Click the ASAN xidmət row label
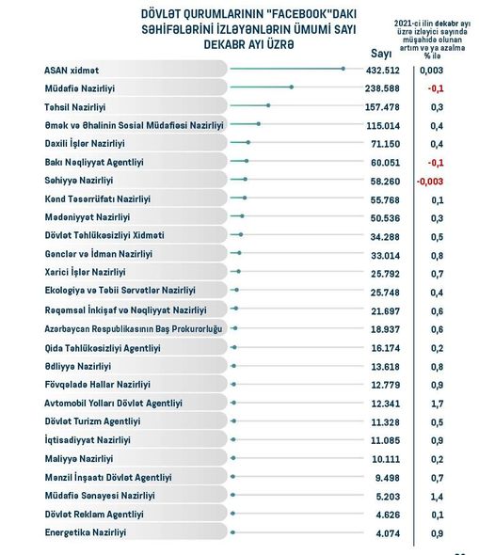(x=72, y=71)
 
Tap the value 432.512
(x=383, y=71)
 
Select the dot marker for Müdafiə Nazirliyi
(x=292, y=87)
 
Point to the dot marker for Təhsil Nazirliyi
(x=268, y=105)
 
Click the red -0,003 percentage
(x=430, y=182)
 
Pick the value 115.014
(x=383, y=126)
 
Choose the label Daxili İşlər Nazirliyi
(x=85, y=144)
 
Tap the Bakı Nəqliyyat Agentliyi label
(x=94, y=162)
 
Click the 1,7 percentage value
(x=438, y=404)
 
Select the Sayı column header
(x=381, y=54)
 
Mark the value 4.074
(x=388, y=533)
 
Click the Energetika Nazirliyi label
(x=86, y=532)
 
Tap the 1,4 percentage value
(x=438, y=497)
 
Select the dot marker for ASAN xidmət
(x=343, y=69)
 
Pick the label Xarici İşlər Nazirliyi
(x=85, y=272)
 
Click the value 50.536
(x=385, y=218)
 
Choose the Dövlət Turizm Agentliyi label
(x=92, y=421)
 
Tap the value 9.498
(x=388, y=478)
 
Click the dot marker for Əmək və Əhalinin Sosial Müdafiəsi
(x=259, y=124)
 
